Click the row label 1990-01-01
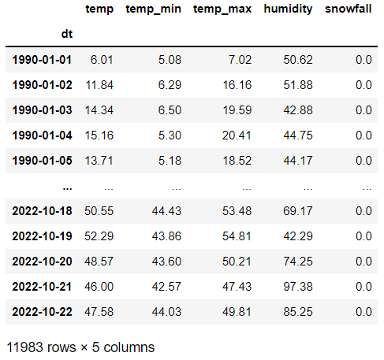coord(43,60)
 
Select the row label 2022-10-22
coord(43,312)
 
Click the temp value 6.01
coord(100,60)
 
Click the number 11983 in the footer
coord(24,346)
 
